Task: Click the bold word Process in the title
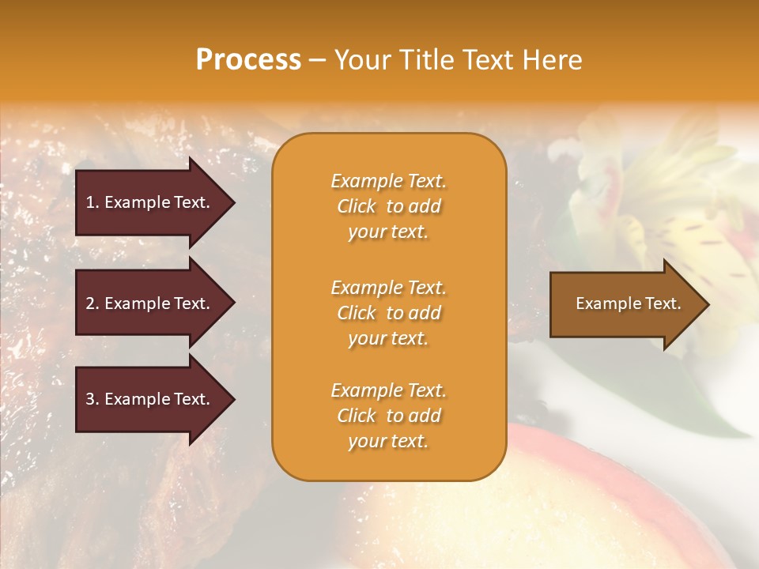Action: tap(248, 60)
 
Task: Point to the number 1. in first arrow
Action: tap(92, 202)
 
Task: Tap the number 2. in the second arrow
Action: tap(92, 303)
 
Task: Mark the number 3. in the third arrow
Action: tap(92, 399)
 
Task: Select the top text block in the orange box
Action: tap(388, 206)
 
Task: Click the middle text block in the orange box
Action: tap(388, 313)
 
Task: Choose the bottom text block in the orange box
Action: tap(388, 416)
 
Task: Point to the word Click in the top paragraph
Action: tap(357, 206)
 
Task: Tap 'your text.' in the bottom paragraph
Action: tap(388, 441)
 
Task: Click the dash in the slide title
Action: tap(317, 61)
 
